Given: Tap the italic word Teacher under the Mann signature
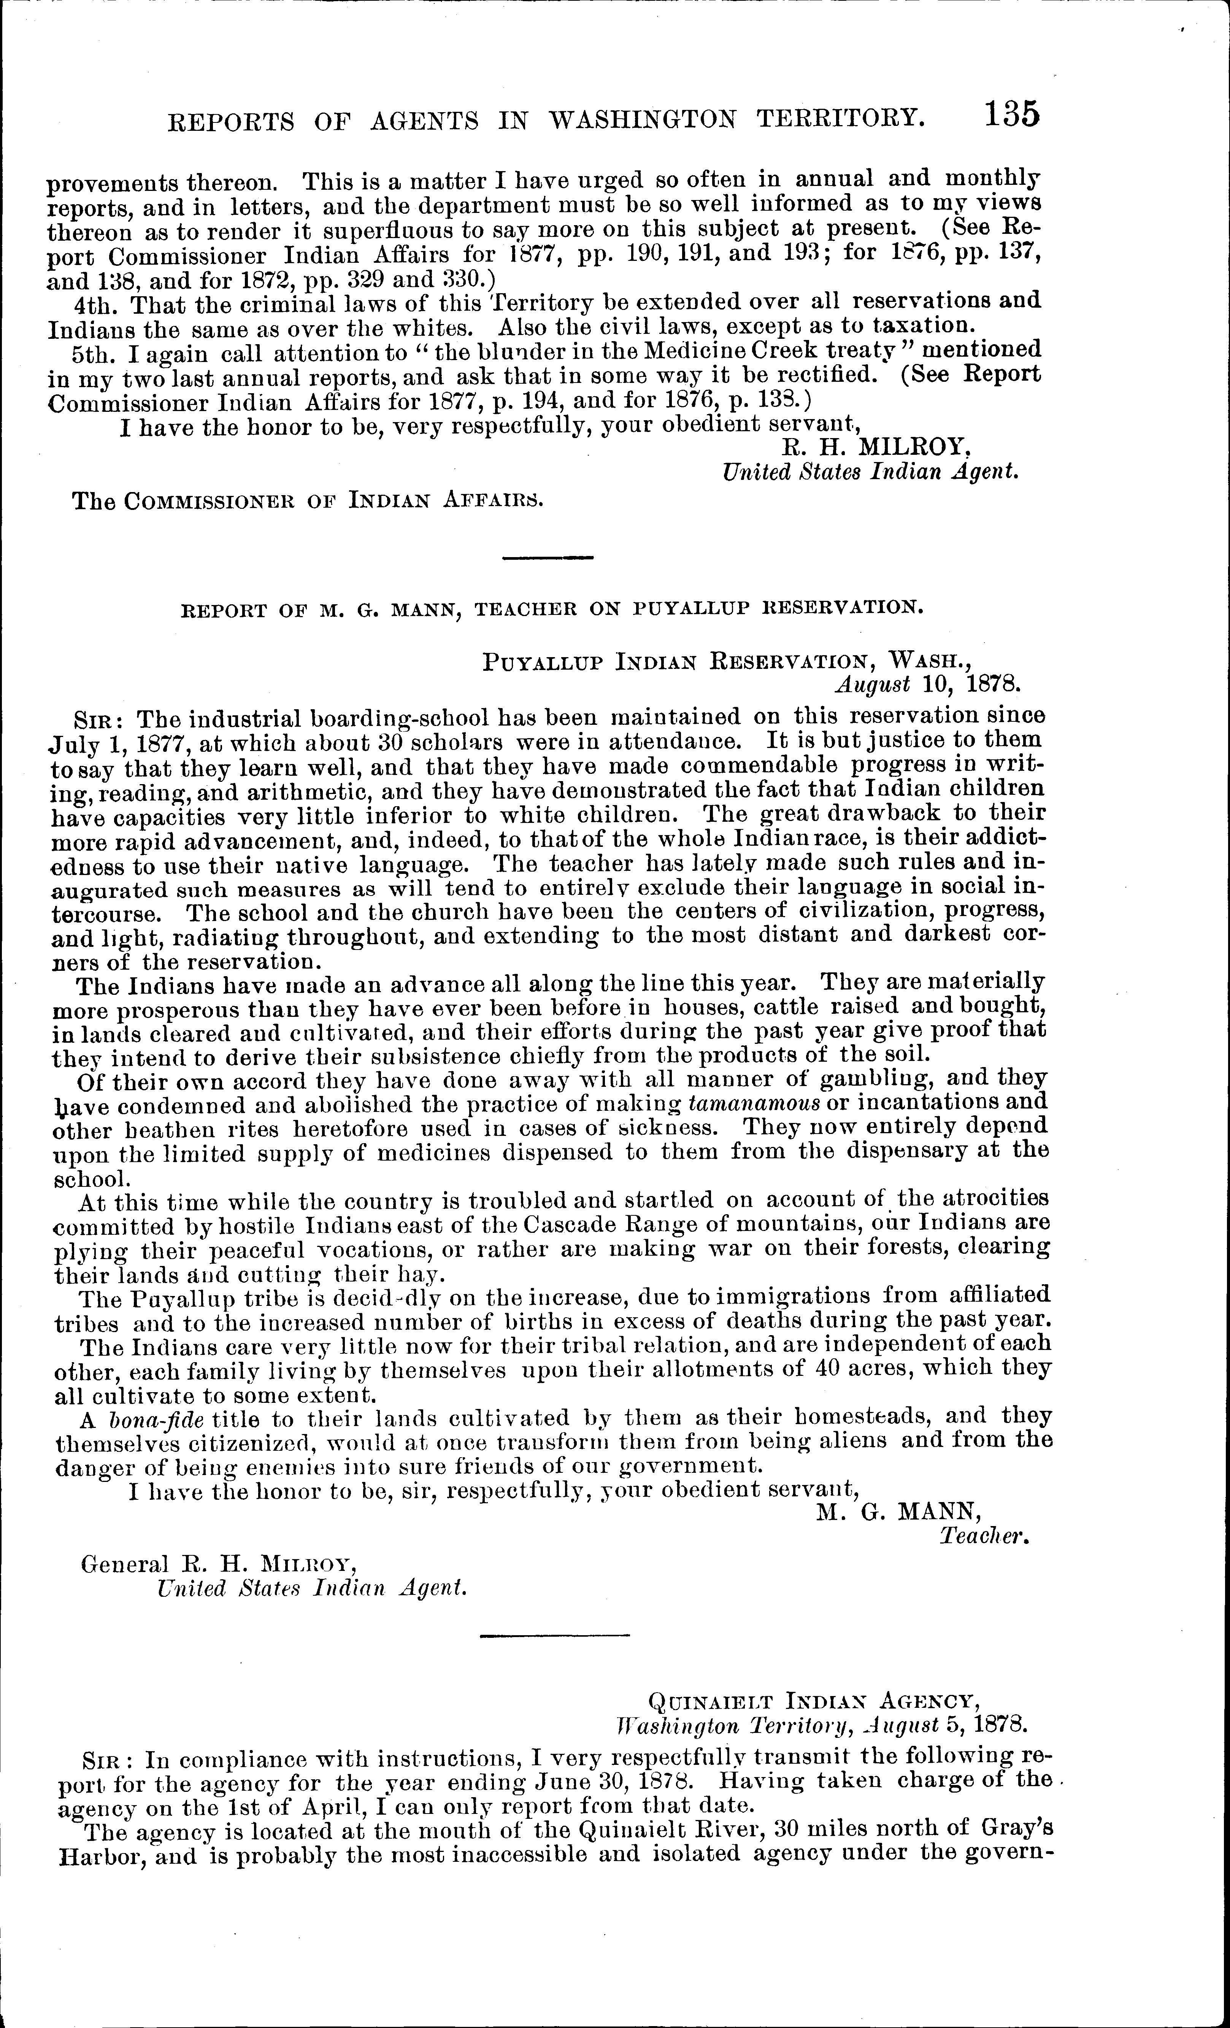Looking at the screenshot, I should coord(985,1536).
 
